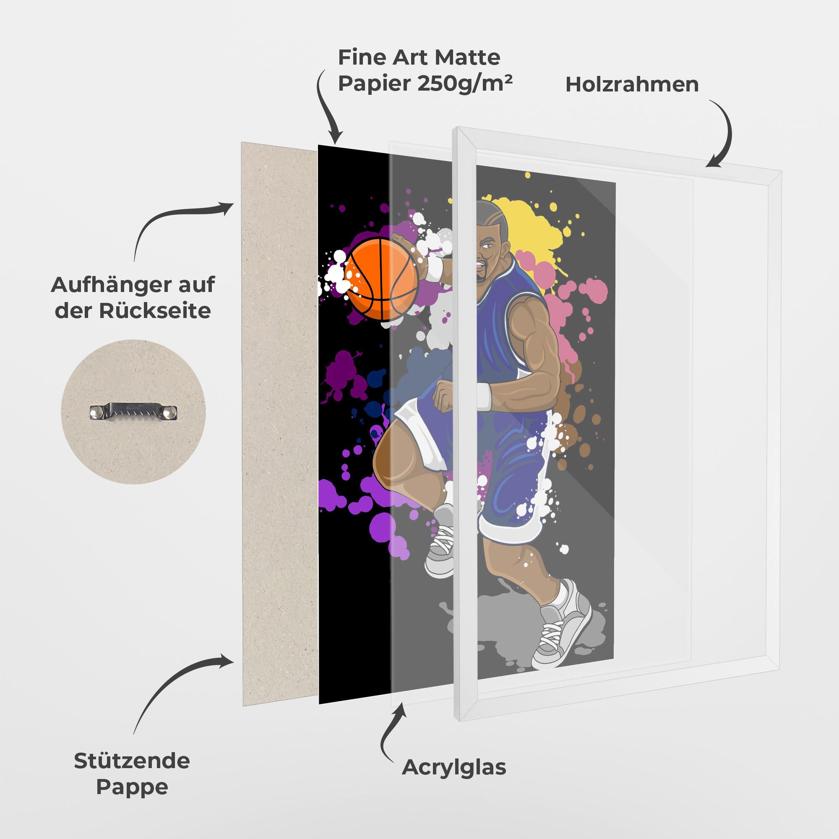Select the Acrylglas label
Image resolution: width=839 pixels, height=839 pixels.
coord(454,768)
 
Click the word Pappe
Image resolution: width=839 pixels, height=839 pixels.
coord(132,787)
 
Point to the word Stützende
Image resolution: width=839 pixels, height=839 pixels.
coord(132,761)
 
